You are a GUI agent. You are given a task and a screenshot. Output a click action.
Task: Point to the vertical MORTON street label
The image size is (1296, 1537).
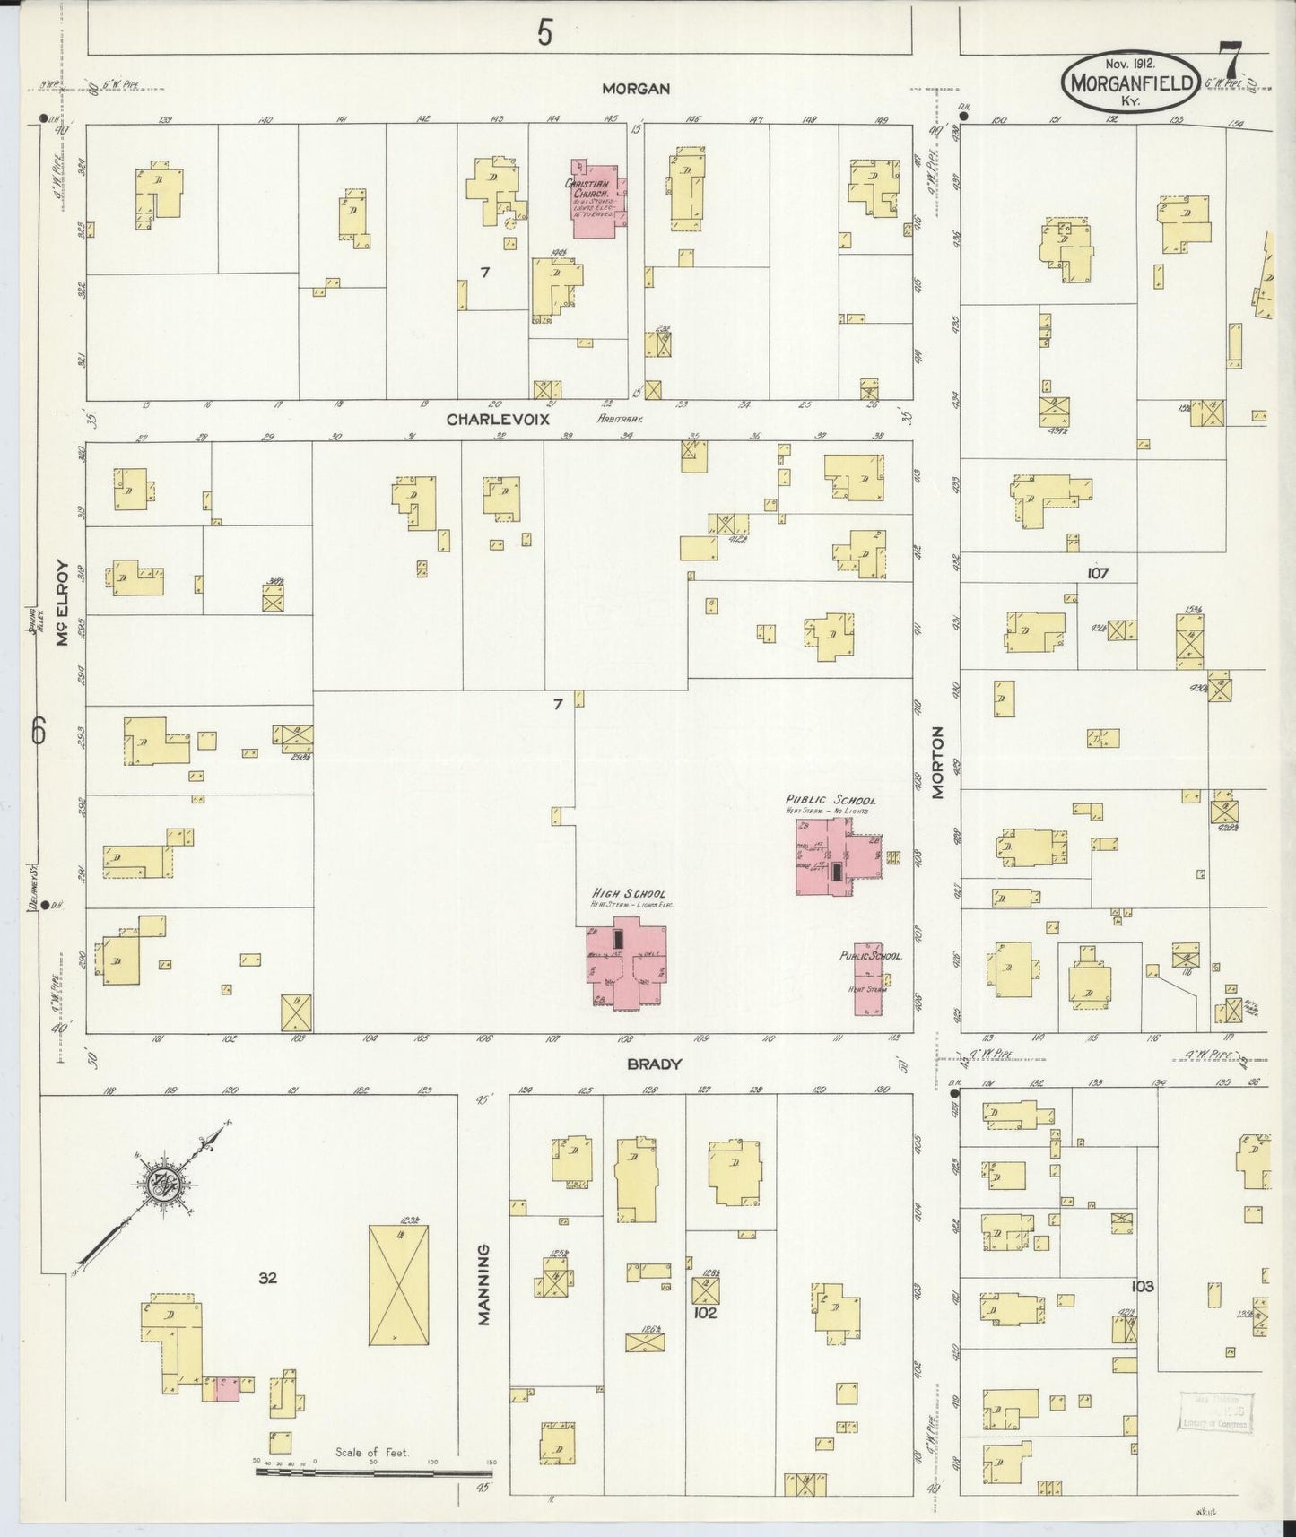pos(937,762)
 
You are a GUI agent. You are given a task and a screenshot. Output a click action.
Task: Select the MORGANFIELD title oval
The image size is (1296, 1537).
pos(1129,83)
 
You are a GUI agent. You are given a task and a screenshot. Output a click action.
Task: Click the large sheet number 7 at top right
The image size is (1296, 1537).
pos(1232,65)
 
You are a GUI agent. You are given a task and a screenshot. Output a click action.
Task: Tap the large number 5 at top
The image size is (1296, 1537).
pos(544,34)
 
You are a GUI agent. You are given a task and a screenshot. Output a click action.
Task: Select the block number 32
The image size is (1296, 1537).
pos(267,1279)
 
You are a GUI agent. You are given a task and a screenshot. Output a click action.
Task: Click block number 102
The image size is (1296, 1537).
pos(705,1313)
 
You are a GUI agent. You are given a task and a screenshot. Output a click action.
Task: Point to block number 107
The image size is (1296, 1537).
pos(1097,573)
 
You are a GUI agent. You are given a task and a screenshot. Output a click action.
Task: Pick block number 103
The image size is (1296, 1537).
pos(1142,1286)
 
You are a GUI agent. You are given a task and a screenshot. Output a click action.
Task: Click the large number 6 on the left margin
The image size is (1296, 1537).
pos(39,731)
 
